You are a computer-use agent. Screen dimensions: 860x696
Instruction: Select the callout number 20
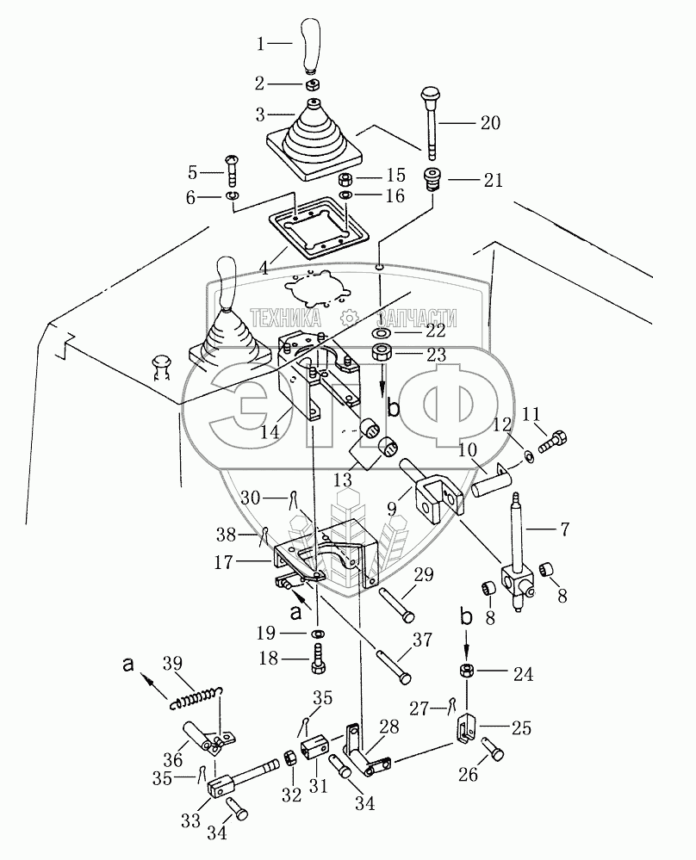point(488,122)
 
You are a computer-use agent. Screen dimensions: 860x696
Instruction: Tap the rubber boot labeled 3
point(315,139)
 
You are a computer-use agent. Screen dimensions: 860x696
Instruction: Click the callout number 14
point(270,434)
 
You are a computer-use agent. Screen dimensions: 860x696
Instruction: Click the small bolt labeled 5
point(234,172)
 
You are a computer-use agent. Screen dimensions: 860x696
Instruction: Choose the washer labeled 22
point(381,332)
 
